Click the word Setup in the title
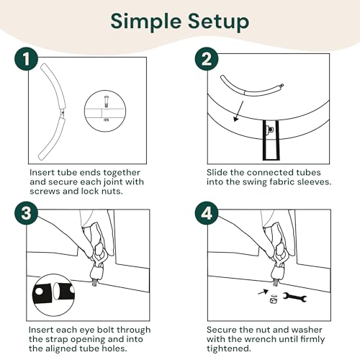[x=218, y=22]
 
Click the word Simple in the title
[x=145, y=22]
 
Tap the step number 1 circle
[x=27, y=59]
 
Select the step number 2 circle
[x=207, y=59]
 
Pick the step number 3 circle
[x=26, y=213]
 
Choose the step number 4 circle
[x=207, y=213]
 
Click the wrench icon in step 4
[x=294, y=297]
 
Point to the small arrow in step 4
[x=263, y=292]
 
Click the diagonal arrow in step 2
[x=238, y=111]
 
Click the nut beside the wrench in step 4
[x=274, y=301]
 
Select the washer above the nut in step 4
[x=274, y=296]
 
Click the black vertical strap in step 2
[x=271, y=140]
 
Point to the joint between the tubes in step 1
[x=62, y=114]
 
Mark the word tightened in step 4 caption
[x=229, y=348]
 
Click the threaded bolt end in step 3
[x=95, y=282]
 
